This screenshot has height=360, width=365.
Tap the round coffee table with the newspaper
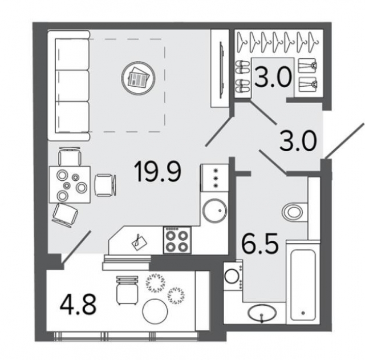tap(137, 76)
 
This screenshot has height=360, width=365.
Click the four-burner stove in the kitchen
tap(177, 240)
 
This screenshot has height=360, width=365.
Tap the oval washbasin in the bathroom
tap(262, 314)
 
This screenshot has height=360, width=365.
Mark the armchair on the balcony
tap(127, 289)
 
